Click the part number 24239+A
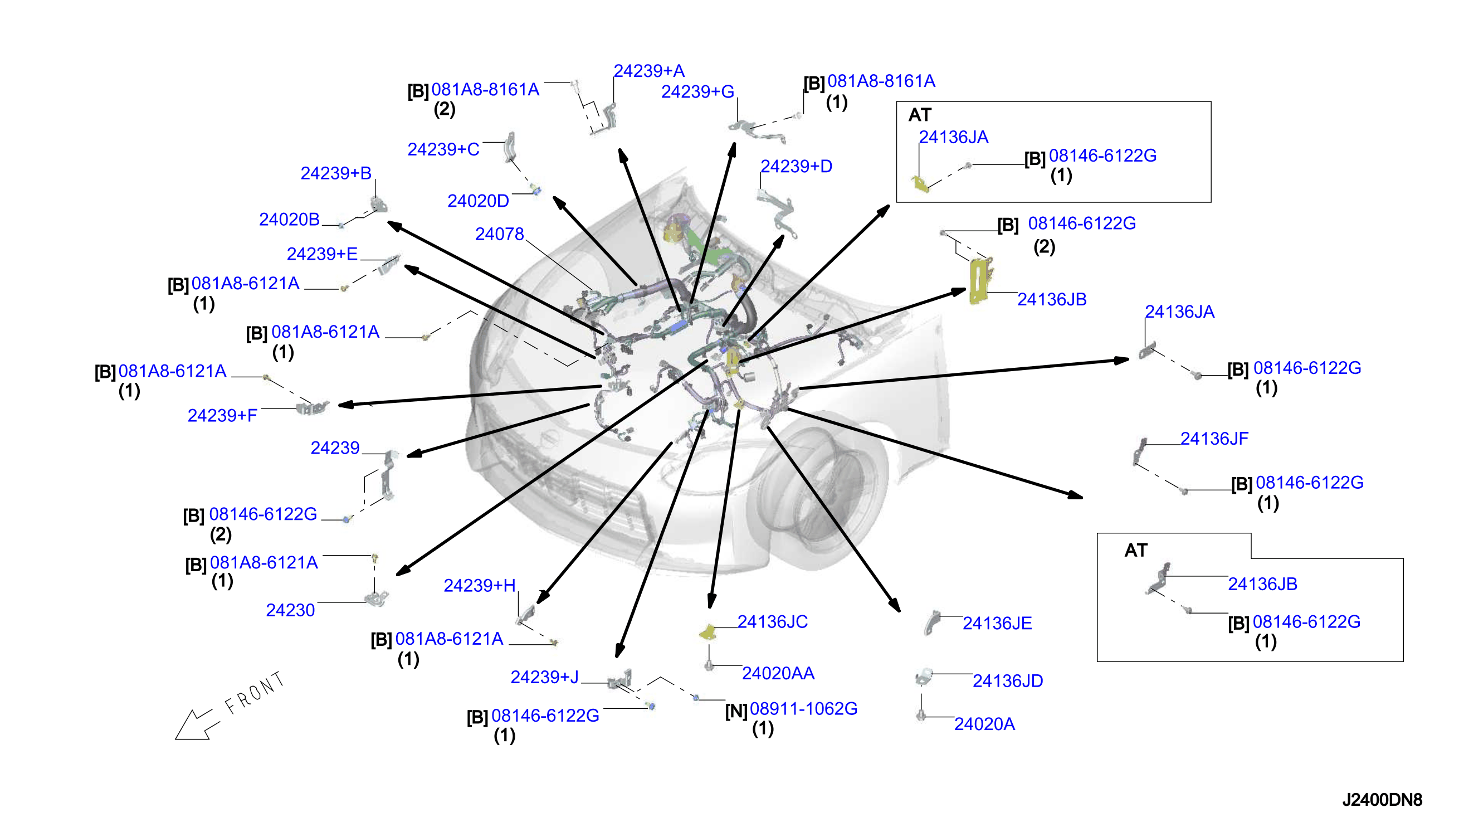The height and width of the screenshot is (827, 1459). click(x=649, y=71)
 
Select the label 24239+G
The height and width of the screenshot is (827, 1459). click(x=697, y=91)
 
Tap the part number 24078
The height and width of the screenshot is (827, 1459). click(x=500, y=234)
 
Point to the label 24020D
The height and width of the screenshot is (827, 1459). click(x=478, y=201)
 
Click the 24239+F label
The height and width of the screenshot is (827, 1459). click(x=222, y=416)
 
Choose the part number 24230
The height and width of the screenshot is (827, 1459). click(x=290, y=610)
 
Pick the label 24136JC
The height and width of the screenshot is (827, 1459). click(x=773, y=622)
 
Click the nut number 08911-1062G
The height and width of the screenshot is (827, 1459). click(x=803, y=709)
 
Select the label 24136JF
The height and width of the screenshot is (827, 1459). click(x=1214, y=439)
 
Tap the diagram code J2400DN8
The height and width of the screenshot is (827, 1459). click(x=1382, y=800)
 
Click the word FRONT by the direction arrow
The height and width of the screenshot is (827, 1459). click(x=255, y=693)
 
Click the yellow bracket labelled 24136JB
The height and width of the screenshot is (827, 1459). click(x=979, y=281)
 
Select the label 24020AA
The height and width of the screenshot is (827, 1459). click(x=778, y=674)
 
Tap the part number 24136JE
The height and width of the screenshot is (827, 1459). click(x=997, y=624)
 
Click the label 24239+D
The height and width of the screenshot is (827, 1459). click(x=797, y=167)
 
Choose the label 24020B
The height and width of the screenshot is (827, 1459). click(x=290, y=219)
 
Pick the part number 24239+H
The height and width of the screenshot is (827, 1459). click(x=480, y=586)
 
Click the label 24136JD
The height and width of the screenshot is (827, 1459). click(x=1008, y=681)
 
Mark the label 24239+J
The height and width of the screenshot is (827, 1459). click(x=544, y=677)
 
